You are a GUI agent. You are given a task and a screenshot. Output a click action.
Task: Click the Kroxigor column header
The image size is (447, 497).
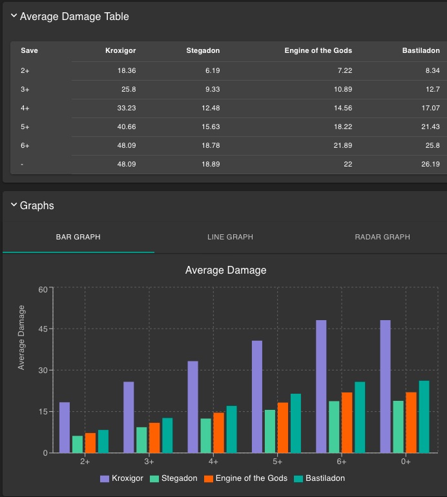(x=120, y=50)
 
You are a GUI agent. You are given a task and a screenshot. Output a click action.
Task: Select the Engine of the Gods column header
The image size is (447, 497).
(x=318, y=50)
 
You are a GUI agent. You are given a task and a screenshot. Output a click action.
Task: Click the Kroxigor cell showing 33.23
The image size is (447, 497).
(x=123, y=108)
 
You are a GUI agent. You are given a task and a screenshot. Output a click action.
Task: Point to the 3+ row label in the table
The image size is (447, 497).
(x=25, y=89)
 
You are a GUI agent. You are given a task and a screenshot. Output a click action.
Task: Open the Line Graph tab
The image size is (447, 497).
(x=230, y=237)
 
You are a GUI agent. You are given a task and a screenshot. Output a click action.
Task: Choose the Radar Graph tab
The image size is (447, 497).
(x=382, y=237)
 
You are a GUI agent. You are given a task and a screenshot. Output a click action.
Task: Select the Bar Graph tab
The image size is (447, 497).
(x=78, y=237)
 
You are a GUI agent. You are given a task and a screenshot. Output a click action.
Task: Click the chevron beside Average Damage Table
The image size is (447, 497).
(x=14, y=16)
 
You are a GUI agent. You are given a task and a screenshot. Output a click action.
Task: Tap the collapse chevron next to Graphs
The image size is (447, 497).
(x=14, y=205)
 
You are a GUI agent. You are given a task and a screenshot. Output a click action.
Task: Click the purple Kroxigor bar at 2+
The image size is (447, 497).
(x=65, y=427)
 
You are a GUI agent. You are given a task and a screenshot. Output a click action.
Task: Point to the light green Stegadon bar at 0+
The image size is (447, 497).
(x=399, y=427)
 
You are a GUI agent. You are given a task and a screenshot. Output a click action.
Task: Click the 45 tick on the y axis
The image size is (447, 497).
(x=42, y=329)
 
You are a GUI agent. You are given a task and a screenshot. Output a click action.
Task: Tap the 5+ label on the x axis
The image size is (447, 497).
(x=277, y=462)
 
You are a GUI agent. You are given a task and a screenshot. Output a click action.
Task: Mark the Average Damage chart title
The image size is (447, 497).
(x=225, y=270)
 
